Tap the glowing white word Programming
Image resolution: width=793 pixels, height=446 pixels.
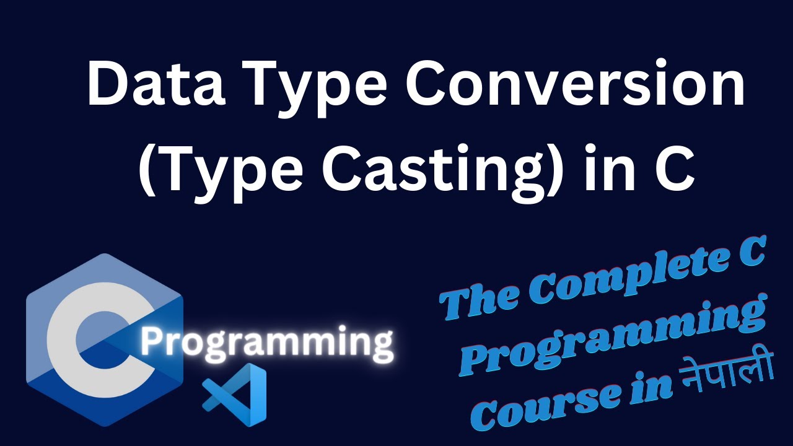tap(266, 343)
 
